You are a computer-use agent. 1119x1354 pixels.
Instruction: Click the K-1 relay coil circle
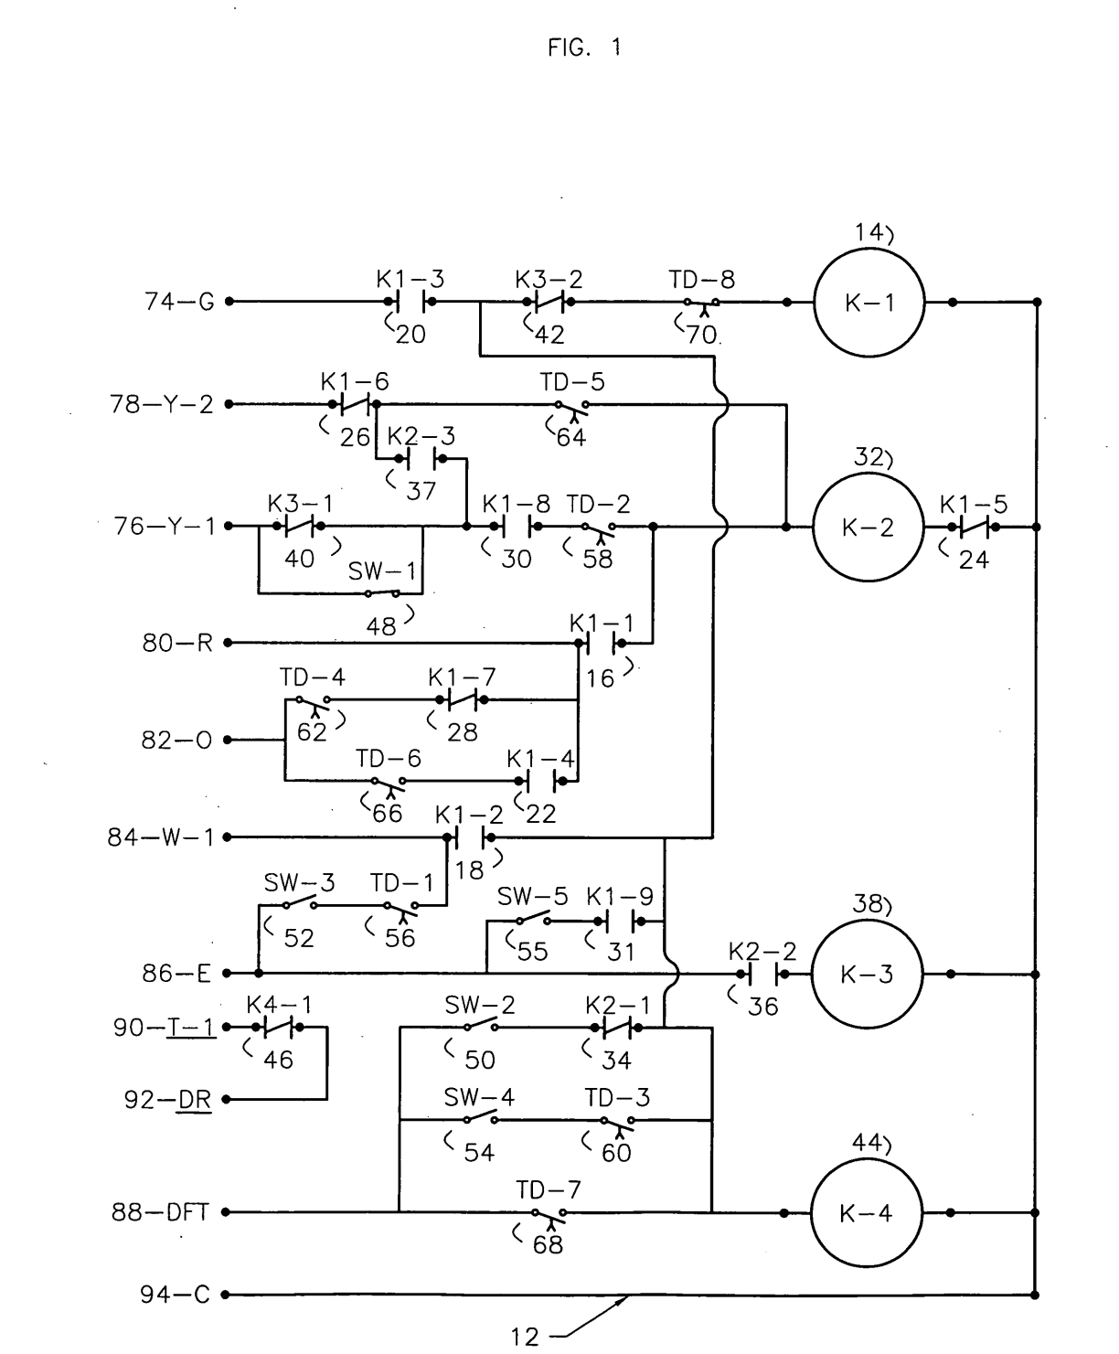[869, 303]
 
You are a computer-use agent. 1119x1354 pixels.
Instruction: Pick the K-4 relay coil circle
[867, 1213]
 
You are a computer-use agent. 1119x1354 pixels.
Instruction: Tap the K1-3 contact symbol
[410, 302]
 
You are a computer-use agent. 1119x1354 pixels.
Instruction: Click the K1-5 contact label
[974, 504]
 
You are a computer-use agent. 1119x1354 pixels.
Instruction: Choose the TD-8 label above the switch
[701, 280]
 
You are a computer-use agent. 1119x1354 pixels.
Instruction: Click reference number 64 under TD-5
[571, 437]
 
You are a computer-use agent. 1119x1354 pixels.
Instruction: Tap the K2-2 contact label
[762, 952]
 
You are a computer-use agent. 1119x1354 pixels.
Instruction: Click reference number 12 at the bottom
[525, 1337]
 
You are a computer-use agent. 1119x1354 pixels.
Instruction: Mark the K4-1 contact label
[279, 1005]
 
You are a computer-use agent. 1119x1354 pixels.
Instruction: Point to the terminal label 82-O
[176, 740]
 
